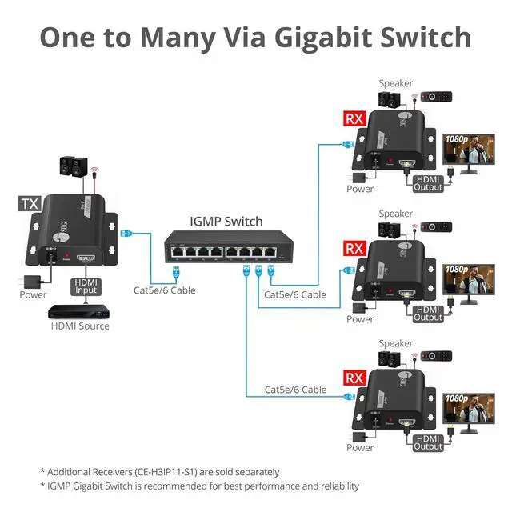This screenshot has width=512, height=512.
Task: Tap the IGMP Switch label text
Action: [x=226, y=221]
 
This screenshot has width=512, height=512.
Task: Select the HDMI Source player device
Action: [x=79, y=311]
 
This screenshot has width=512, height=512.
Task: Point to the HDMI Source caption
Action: [x=80, y=326]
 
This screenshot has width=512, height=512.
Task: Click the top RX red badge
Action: [x=354, y=119]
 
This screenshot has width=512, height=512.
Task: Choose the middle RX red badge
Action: [x=354, y=248]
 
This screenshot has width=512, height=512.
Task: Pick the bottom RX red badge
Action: [x=354, y=377]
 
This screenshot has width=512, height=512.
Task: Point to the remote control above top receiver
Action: [x=436, y=97]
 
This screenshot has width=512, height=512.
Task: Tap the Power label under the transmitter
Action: [x=34, y=294]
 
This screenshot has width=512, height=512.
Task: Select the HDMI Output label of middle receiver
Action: [x=428, y=313]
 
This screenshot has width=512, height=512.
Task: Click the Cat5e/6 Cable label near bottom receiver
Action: [x=296, y=390]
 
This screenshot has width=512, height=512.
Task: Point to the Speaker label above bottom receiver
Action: [x=395, y=342]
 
